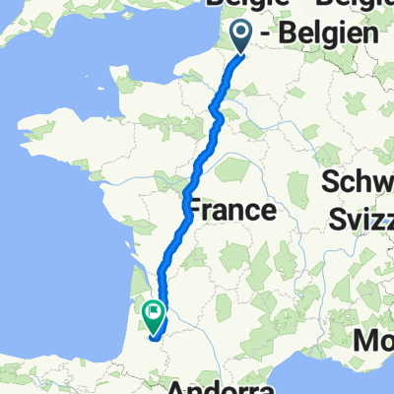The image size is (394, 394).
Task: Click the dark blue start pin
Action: [241, 36]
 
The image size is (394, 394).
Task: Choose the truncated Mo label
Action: [374, 342]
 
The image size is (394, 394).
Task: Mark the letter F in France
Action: [195, 210]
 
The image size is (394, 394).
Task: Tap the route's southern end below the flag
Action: [153, 336]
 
